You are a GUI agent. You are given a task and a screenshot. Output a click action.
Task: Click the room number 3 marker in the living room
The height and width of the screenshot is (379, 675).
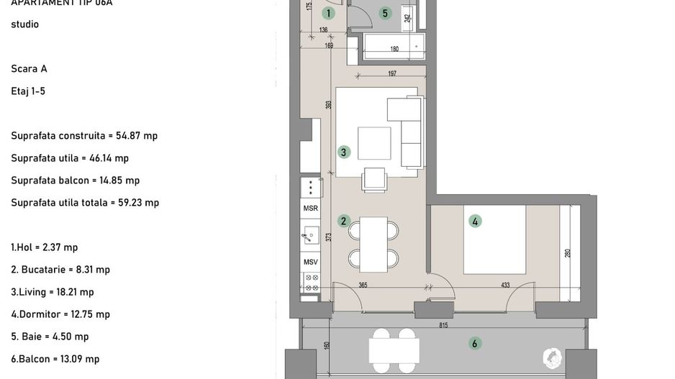tap(344, 152)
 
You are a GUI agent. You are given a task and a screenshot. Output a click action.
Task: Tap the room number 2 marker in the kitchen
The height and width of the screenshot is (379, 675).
tap(344, 221)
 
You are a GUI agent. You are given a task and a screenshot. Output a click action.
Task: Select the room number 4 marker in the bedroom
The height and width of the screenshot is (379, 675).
tap(475, 222)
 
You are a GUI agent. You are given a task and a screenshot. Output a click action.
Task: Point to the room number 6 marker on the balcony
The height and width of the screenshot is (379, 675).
tap(475, 344)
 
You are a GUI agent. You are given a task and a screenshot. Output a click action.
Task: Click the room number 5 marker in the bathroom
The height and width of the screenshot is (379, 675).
tap(385, 13)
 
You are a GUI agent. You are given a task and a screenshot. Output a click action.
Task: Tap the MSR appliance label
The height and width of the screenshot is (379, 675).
tap(310, 209)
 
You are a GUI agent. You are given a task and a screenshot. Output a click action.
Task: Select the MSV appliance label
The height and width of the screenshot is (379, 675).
tap(310, 262)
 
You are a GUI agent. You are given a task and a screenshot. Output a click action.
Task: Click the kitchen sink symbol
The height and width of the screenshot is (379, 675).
tap(310, 234)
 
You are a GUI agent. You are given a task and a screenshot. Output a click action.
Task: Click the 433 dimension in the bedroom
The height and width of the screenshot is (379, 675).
tap(505, 286)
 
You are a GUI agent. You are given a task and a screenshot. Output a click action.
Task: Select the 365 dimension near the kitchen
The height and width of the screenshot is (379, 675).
tap(363, 286)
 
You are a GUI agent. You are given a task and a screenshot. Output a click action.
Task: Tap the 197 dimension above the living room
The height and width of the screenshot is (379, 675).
tap(392, 73)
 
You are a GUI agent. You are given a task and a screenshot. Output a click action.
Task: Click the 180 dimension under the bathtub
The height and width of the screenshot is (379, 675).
tap(394, 50)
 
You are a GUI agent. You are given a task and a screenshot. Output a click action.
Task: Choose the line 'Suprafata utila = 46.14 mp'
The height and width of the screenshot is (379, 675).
tap(70, 158)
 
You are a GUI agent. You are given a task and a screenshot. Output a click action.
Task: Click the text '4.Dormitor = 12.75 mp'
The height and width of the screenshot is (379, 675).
tap(60, 314)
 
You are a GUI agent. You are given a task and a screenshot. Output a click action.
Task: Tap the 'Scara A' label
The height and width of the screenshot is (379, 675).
tap(29, 69)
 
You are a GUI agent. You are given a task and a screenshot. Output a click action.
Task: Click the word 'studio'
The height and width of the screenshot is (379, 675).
tap(24, 24)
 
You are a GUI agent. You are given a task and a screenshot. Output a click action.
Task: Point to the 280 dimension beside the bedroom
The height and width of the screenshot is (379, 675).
tap(567, 253)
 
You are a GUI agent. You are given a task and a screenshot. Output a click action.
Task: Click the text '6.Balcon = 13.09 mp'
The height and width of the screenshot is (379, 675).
tap(55, 359)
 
